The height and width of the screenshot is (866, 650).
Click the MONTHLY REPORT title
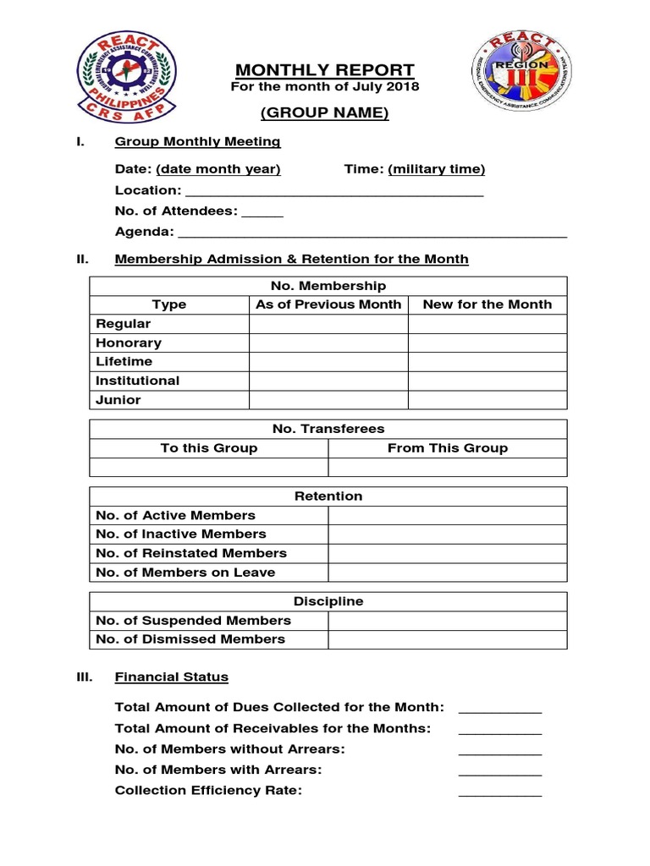[325, 70]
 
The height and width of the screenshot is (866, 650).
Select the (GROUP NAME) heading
[325, 114]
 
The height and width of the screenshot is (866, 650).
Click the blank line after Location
[333, 191]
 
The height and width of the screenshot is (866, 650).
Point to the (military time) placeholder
[437, 169]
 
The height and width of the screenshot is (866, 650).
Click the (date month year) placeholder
[218, 169]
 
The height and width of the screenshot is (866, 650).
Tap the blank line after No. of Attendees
[262, 211]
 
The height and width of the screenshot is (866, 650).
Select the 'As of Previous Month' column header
[328, 304]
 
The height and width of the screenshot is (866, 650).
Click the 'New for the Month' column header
[487, 304]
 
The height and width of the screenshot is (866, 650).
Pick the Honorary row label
[129, 343]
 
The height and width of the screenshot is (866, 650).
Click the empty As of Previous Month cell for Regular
[328, 324]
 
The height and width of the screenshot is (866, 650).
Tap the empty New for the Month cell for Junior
[487, 400]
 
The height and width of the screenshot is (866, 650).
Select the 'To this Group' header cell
[209, 448]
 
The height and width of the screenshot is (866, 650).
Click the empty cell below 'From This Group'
[448, 468]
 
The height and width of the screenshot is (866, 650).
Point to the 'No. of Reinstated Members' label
[191, 553]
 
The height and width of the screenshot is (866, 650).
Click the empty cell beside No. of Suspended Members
[448, 621]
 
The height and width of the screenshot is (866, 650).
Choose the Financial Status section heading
[172, 677]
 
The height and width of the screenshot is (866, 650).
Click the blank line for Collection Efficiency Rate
[499, 792]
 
